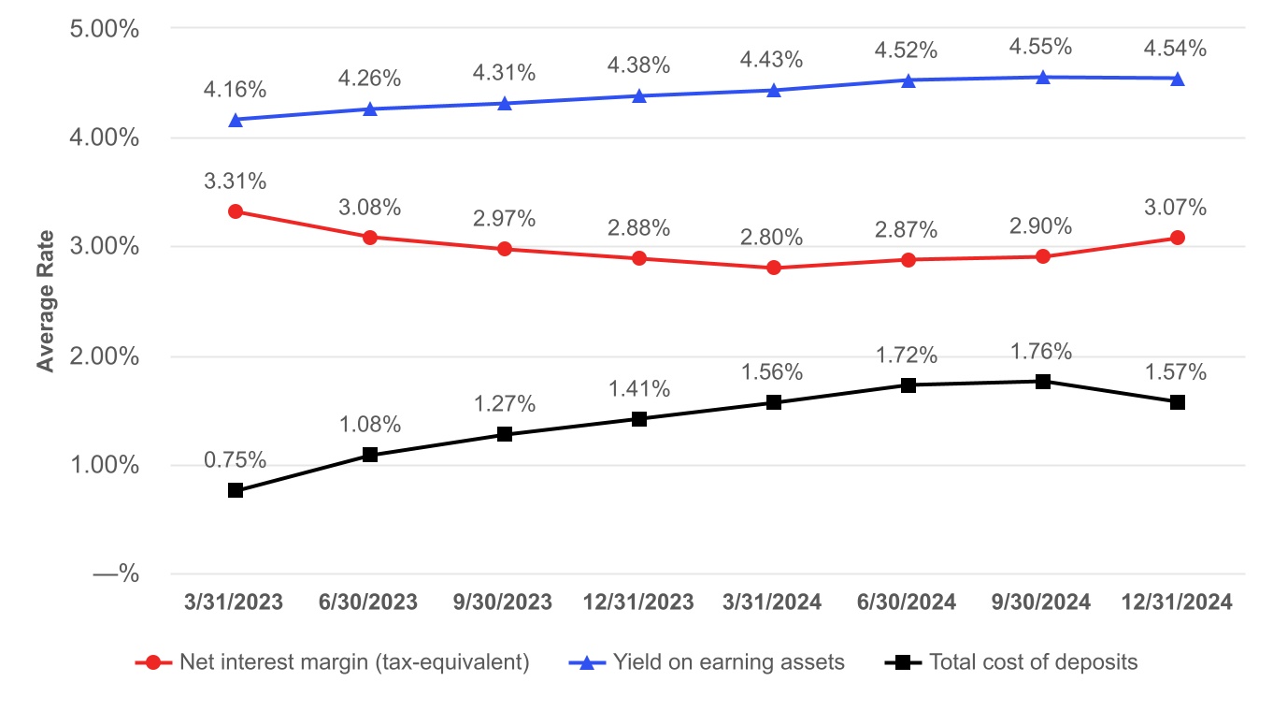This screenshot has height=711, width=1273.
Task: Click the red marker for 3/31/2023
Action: [x=236, y=211]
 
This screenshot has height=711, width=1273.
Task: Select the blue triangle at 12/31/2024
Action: [x=1178, y=79]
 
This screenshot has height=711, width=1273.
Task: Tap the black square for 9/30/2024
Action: [x=1043, y=382]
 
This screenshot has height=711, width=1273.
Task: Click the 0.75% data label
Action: [x=236, y=460]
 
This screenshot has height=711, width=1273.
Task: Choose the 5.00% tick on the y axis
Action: [x=105, y=29]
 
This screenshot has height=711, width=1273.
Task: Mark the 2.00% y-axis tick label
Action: [x=105, y=356]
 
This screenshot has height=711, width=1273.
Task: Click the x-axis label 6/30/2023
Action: [x=370, y=602]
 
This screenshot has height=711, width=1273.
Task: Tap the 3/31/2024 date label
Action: [x=774, y=602]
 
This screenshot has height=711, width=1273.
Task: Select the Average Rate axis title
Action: [x=45, y=301]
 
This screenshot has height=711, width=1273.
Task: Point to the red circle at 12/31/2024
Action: [x=1178, y=238]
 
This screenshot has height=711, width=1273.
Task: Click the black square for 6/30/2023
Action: [x=370, y=455]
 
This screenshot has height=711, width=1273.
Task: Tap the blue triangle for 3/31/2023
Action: [x=236, y=120]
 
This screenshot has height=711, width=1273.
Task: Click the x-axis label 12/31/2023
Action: [x=639, y=602]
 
